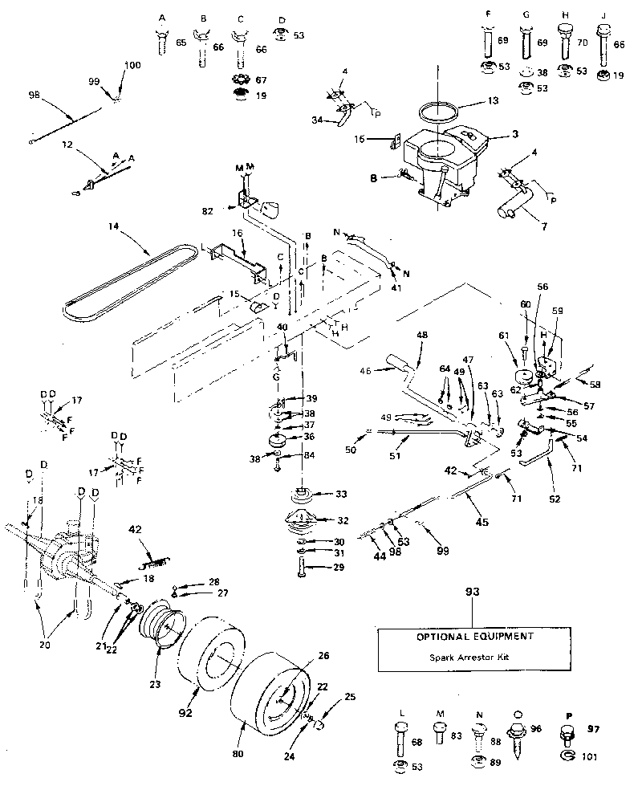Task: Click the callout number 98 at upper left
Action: coord(33,94)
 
